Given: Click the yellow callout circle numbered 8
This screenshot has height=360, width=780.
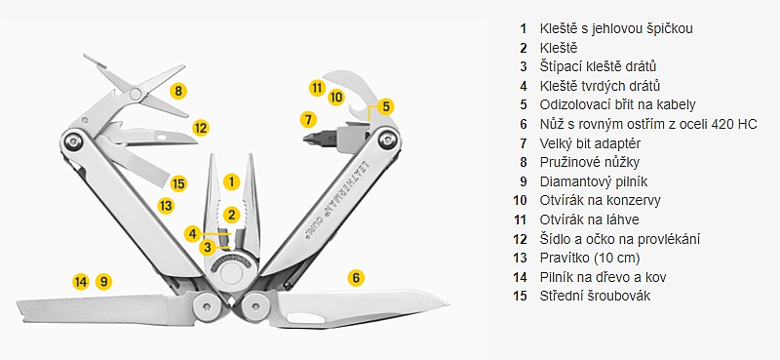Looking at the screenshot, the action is [x=178, y=91].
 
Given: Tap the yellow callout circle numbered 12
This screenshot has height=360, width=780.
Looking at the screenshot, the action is [x=201, y=129].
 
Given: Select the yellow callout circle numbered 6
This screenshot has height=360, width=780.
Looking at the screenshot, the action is [x=356, y=278].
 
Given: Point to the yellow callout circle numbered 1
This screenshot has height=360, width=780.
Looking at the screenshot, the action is [x=231, y=181].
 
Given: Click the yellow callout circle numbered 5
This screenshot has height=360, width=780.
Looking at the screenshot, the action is [x=385, y=106].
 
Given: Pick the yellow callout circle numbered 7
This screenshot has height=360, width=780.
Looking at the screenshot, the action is [x=308, y=119].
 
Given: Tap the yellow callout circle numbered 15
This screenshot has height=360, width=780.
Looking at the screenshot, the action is [x=178, y=183].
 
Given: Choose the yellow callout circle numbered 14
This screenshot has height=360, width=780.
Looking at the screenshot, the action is [x=81, y=282].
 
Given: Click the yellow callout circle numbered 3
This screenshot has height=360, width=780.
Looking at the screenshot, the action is [x=208, y=247].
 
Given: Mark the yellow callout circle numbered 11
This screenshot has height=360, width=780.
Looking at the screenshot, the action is [x=317, y=88].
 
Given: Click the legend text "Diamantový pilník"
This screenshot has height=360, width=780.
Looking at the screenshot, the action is [x=594, y=181].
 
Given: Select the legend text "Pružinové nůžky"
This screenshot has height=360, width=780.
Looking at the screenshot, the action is [x=590, y=162].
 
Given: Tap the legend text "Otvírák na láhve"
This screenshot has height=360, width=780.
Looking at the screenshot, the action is [x=590, y=220].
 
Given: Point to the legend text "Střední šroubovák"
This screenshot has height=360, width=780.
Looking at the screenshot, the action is [x=595, y=296].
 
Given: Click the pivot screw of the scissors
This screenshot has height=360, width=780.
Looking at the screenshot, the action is [x=135, y=93].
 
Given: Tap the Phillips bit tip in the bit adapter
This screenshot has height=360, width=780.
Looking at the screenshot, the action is [x=309, y=138].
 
